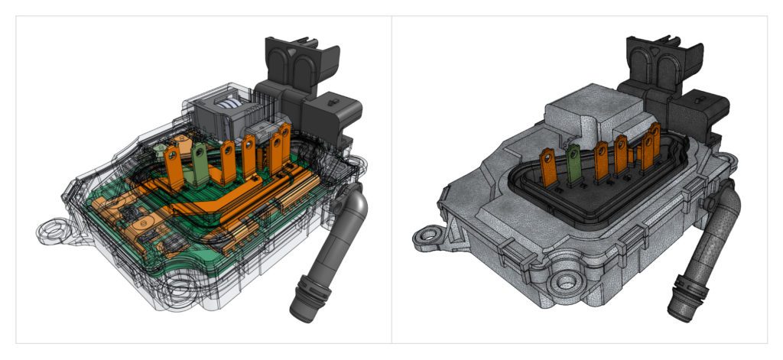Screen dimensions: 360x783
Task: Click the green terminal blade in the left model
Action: pos(200,165)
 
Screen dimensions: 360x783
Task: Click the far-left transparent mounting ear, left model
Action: pos(52,229)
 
